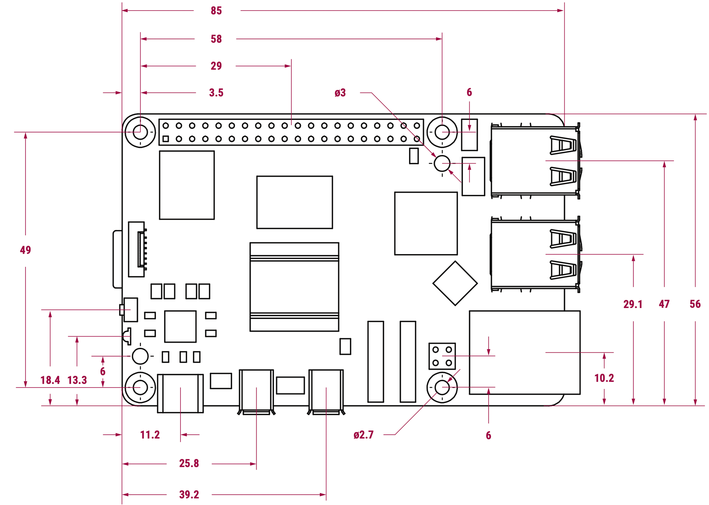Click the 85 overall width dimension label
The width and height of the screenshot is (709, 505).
[216, 11]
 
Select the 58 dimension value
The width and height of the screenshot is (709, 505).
[216, 39]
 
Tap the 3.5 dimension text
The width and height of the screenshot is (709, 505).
[216, 93]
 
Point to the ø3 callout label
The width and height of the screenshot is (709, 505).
[340, 93]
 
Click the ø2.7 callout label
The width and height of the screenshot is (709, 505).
[363, 435]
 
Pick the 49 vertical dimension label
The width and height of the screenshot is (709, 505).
[26, 250]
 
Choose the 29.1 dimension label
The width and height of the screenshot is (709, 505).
[633, 304]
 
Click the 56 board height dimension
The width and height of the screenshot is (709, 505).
[695, 304]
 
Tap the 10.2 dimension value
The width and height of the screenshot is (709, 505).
[604, 378]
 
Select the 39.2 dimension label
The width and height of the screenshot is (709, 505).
[189, 494]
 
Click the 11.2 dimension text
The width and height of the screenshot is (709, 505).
[150, 435]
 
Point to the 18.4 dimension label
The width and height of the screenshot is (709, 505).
[50, 380]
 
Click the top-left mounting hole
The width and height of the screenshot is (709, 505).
[140, 132]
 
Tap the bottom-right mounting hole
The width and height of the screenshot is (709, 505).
[442, 387]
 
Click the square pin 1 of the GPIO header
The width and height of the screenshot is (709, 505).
[166, 139]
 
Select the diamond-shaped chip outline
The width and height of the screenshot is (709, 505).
[455, 283]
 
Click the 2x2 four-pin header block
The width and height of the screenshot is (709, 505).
[442, 356]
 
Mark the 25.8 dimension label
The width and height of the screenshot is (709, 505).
[189, 463]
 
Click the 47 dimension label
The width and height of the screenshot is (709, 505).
[664, 304]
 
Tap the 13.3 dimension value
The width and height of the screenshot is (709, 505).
[77, 380]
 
